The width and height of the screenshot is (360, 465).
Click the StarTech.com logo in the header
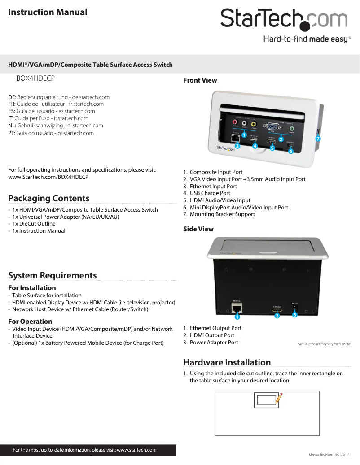tap(284, 20)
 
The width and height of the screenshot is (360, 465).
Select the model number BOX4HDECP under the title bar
tap(35, 78)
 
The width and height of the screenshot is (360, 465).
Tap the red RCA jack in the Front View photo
tap(234, 122)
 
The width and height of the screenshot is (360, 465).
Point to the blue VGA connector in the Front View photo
tap(272, 127)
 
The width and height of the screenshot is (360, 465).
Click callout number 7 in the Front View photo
tap(317, 139)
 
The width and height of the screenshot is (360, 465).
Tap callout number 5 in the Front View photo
tap(272, 148)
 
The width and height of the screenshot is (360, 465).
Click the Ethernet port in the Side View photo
tap(237, 308)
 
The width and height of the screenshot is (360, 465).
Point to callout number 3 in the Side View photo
tap(294, 314)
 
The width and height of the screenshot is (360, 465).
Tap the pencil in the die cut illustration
tap(278, 397)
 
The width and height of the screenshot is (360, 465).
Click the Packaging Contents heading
tap(49, 198)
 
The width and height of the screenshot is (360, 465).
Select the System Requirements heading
tap(53, 275)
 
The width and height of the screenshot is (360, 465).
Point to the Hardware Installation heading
tap(227, 362)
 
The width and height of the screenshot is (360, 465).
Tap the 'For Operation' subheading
tap(30, 322)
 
